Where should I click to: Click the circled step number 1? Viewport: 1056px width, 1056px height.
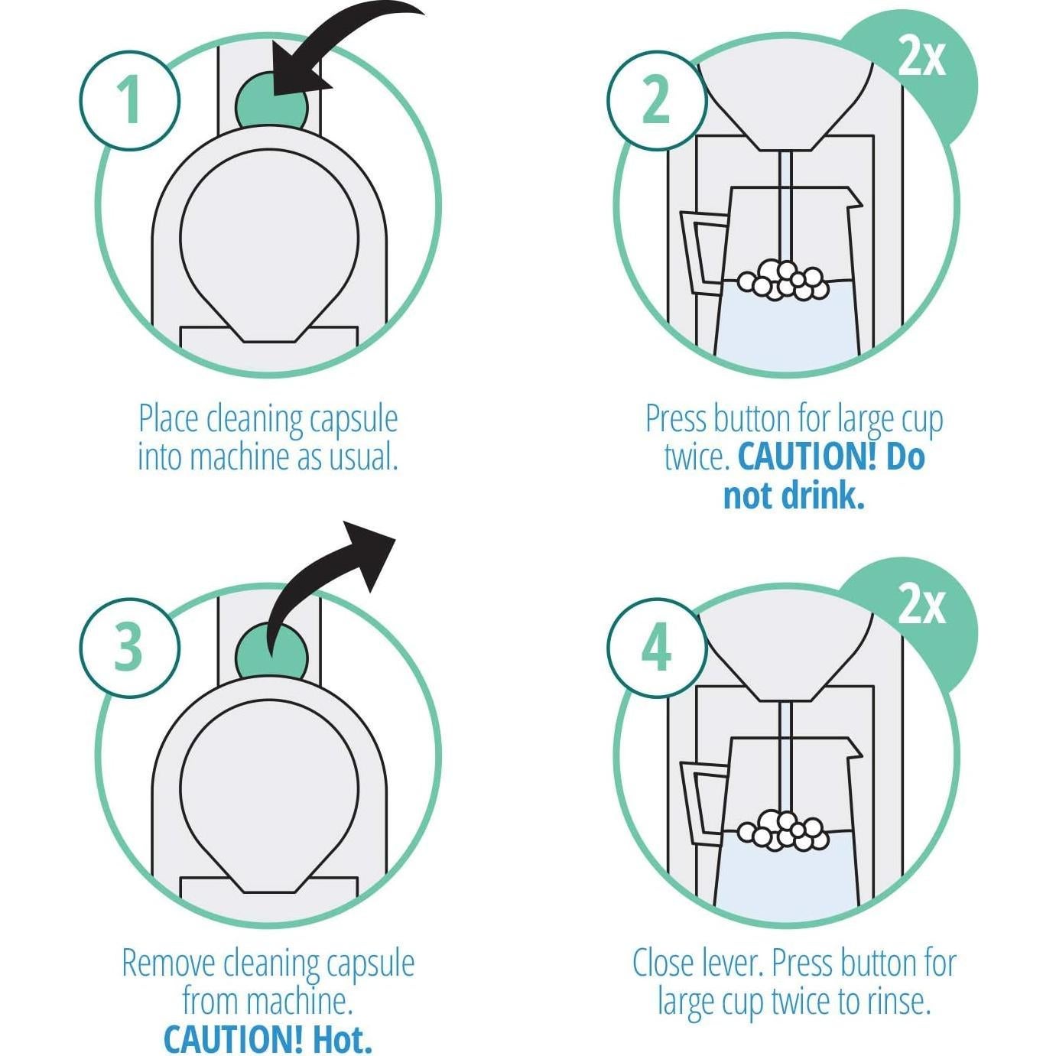coord(129,100)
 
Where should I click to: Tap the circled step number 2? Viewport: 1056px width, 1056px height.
coord(655,100)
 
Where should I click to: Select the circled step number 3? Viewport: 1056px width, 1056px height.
coord(129,647)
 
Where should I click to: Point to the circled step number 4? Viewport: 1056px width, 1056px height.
coord(655,647)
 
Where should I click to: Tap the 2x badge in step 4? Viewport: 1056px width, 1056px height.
coord(922,606)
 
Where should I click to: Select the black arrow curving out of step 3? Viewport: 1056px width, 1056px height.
coord(336,581)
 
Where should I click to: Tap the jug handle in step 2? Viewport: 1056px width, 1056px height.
coord(699,252)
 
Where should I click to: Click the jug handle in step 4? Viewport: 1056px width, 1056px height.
coord(699,799)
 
